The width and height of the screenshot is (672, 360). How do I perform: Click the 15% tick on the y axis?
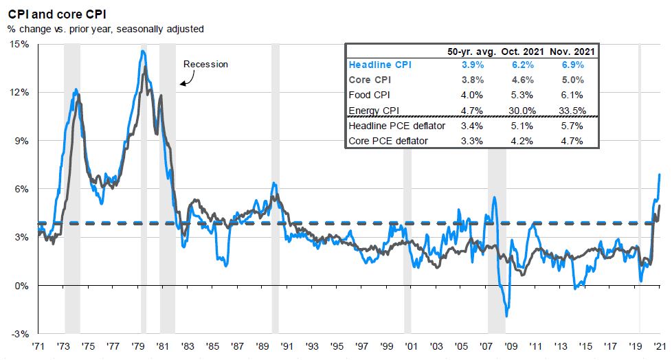(19, 44)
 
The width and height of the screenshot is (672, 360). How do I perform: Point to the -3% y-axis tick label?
(20, 334)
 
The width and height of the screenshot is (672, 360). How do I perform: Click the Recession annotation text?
(205, 64)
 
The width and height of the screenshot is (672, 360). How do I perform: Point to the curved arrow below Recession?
(186, 79)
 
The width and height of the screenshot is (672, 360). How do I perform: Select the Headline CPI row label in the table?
(380, 65)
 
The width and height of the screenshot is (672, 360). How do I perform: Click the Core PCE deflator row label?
(389, 141)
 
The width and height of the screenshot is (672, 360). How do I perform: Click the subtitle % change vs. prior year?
(105, 29)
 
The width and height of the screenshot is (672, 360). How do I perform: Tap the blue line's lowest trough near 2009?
(507, 316)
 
